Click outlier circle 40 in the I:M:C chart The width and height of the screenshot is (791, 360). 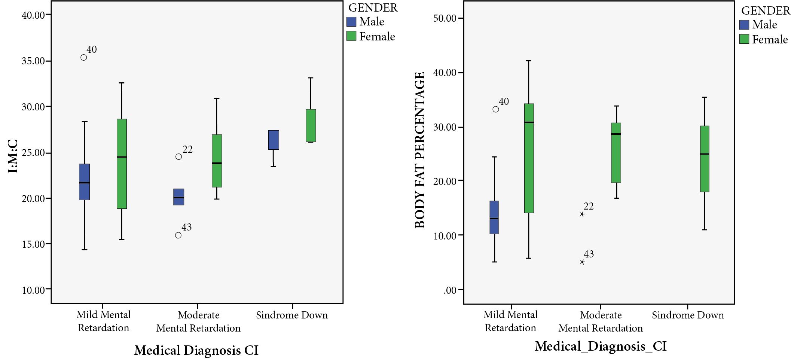[x=84, y=57]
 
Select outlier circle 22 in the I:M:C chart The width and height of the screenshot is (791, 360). [x=179, y=156]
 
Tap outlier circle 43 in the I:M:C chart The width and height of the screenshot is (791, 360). [x=178, y=235]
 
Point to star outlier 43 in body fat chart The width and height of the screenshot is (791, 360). [x=582, y=262]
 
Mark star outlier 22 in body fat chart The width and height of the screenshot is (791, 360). [x=582, y=214]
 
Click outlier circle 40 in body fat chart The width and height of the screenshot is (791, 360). [x=496, y=109]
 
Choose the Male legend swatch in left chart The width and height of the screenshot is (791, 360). [x=351, y=22]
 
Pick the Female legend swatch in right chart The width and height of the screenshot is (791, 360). [x=744, y=39]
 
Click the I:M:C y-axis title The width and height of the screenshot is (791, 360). [x=13, y=156]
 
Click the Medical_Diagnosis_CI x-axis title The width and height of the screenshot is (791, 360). [x=601, y=346]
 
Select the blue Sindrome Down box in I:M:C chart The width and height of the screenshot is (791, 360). [x=274, y=140]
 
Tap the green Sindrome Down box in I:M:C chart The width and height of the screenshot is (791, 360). [x=311, y=126]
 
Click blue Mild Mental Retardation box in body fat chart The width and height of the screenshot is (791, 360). [x=494, y=217]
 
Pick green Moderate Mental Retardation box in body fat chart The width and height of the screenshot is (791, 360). [x=616, y=153]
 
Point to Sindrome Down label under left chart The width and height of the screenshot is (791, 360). [x=292, y=315]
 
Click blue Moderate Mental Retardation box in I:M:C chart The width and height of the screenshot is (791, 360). [x=179, y=197]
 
